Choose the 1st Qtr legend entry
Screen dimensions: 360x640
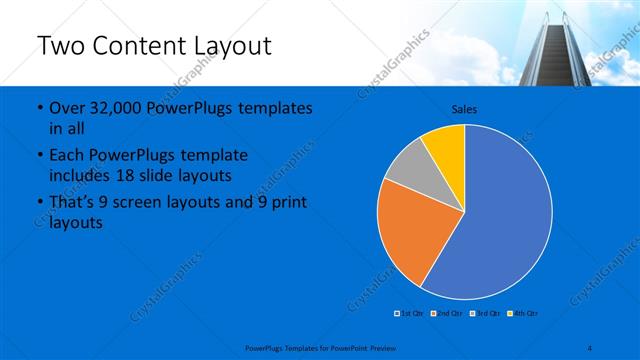pos(410,313)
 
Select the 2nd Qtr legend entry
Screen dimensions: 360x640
pos(447,313)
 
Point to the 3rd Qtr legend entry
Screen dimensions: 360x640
pos(485,313)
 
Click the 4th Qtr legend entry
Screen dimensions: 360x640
pos(522,313)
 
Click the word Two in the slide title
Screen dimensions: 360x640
pos(61,46)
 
